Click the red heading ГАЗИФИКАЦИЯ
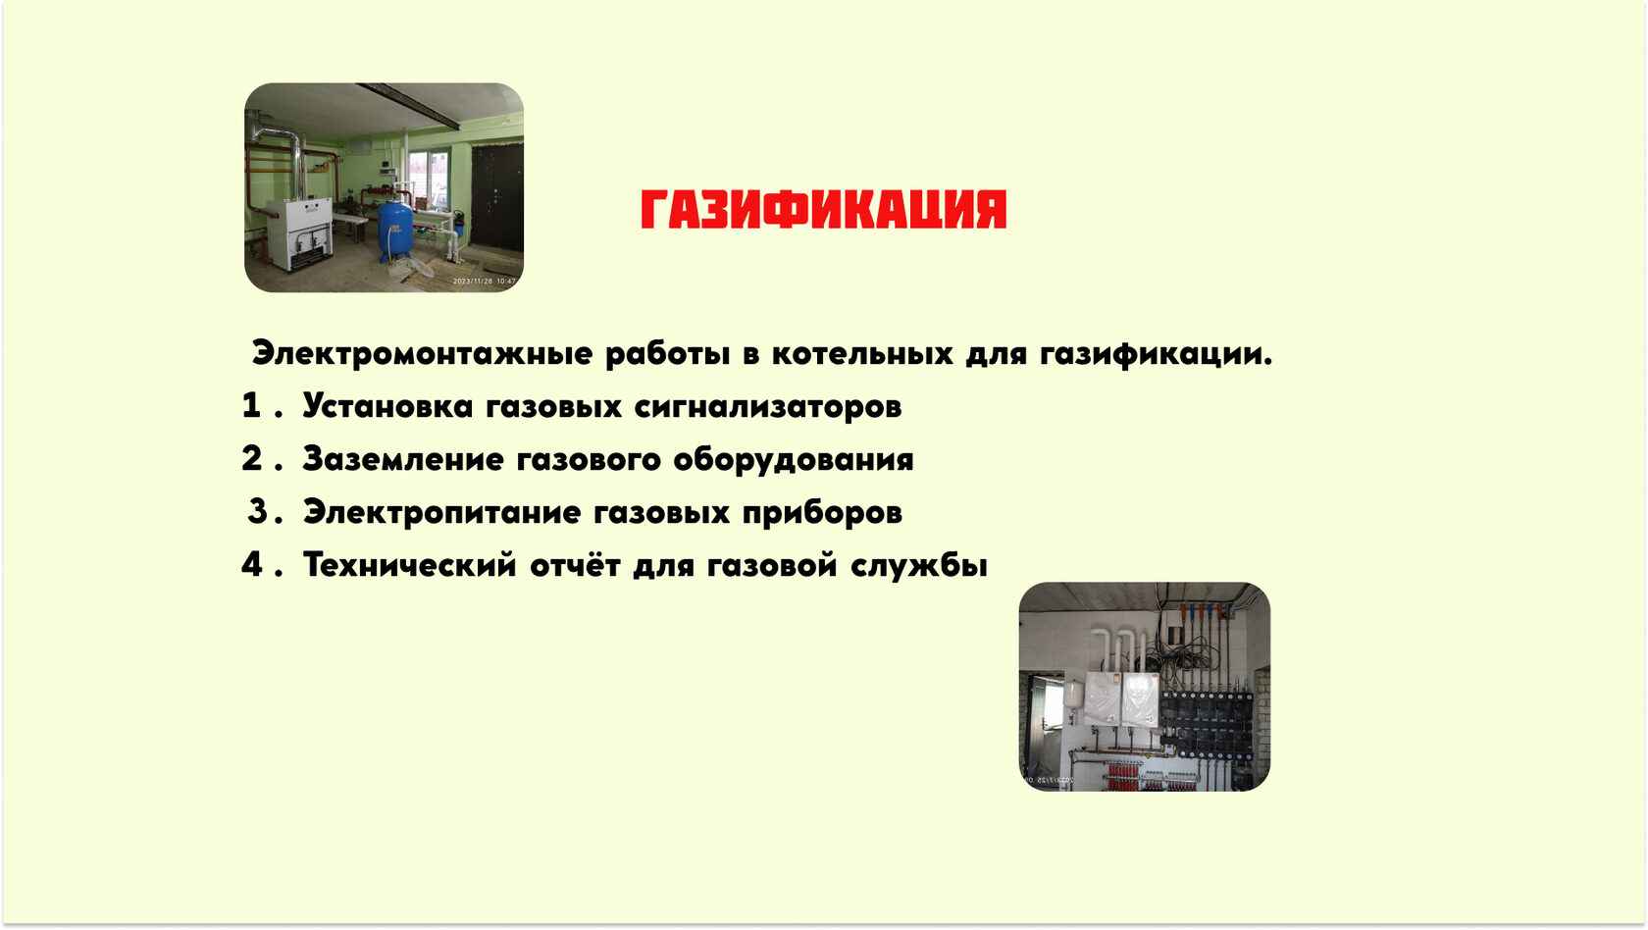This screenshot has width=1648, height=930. click(x=823, y=210)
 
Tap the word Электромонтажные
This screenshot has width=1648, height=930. click(x=422, y=354)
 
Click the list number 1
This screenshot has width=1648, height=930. click(x=251, y=405)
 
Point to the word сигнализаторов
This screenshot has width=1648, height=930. click(x=768, y=407)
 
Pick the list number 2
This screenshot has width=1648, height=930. click(x=251, y=458)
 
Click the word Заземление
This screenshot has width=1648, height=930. click(x=403, y=460)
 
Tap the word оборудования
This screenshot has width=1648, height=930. click(x=793, y=460)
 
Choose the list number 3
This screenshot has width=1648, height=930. click(x=257, y=511)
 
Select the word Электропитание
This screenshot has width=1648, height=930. click(x=442, y=513)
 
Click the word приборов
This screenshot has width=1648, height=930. click(x=822, y=513)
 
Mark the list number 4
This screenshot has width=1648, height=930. click(x=251, y=564)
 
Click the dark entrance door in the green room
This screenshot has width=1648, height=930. click(x=496, y=197)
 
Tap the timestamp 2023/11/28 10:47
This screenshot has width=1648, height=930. click(x=485, y=281)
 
